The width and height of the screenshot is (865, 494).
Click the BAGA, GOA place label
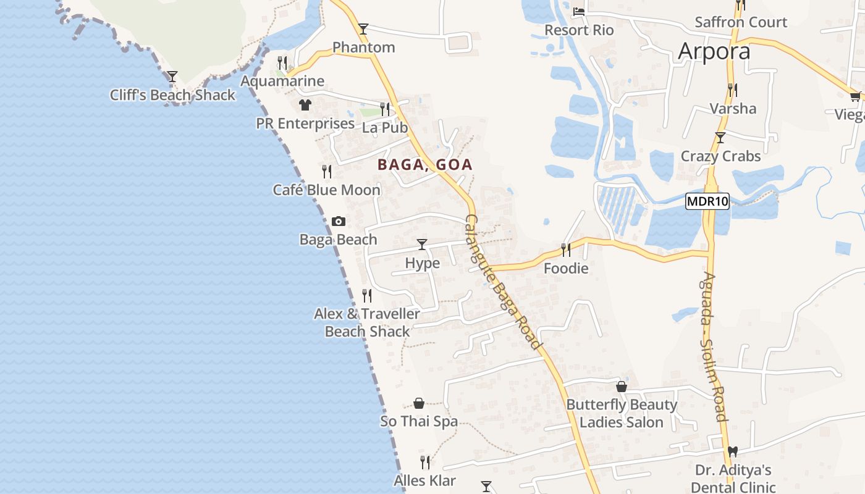click(x=425, y=165)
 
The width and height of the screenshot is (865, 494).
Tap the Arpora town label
click(x=714, y=52)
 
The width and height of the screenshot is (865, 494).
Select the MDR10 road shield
click(x=707, y=201)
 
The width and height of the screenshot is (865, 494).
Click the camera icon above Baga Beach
click(x=339, y=221)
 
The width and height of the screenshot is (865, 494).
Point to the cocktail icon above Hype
click(x=422, y=245)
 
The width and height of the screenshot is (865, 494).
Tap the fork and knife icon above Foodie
click(x=565, y=249)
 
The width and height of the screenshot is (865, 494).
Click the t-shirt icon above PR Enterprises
click(x=305, y=105)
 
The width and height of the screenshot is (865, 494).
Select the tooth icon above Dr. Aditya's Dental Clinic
click(x=733, y=451)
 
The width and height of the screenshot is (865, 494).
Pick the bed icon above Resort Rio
click(x=579, y=11)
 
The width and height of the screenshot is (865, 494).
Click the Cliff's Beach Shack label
click(x=172, y=95)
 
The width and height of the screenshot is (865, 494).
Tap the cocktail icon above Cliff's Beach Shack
click(x=172, y=77)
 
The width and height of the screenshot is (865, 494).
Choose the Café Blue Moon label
click(x=327, y=190)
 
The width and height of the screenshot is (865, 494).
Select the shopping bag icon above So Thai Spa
click(x=419, y=403)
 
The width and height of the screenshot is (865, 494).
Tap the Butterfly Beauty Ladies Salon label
click(x=622, y=414)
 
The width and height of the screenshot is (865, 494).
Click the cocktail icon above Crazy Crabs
click(x=720, y=137)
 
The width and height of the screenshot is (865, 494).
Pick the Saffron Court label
click(x=741, y=22)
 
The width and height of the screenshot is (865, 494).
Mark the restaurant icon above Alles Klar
click(x=425, y=462)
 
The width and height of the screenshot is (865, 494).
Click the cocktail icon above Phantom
click(x=363, y=28)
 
